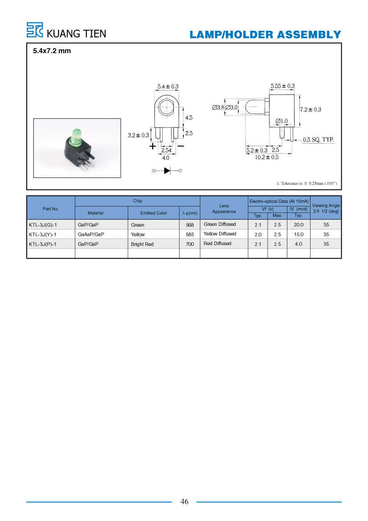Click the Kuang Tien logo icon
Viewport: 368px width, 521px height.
tap(35, 30)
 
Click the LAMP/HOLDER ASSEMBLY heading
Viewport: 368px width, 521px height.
tap(266, 35)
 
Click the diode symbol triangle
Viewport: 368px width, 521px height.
tap(167, 171)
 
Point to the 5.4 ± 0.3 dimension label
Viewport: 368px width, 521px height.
tap(168, 86)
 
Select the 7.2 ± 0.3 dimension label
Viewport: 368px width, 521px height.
tap(311, 109)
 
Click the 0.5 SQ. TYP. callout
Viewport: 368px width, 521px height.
tap(319, 139)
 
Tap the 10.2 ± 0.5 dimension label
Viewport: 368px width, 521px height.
tap(267, 157)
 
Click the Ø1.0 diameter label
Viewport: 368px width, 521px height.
tap(282, 121)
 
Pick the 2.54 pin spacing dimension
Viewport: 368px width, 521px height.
tap(166, 150)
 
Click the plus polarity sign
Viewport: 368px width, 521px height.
tap(152, 146)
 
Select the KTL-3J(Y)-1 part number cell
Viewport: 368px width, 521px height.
tap(42, 234)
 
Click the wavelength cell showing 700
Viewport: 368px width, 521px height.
tap(190, 244)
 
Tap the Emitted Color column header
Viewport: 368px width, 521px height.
tap(153, 213)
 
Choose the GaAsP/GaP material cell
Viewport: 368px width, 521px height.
tap(91, 234)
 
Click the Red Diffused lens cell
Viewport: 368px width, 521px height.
tap(217, 243)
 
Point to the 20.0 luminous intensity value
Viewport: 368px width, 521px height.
tap(298, 225)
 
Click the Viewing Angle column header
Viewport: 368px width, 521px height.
tap(326, 208)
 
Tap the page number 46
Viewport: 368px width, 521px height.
tap(184, 501)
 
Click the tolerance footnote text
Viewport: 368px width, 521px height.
tap(307, 184)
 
